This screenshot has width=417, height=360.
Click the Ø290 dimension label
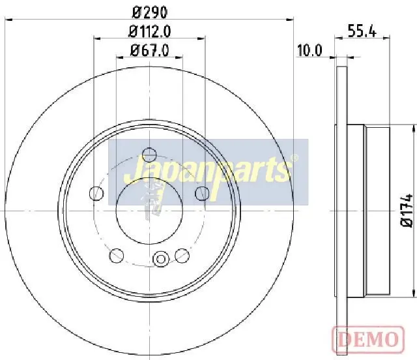(x=150, y=12)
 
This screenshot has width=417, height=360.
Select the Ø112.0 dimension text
(x=149, y=32)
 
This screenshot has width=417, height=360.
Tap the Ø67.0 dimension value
(x=149, y=50)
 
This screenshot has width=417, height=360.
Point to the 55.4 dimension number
(x=362, y=31)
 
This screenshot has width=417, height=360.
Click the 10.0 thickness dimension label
(x=309, y=50)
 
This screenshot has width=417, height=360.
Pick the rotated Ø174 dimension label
(x=407, y=211)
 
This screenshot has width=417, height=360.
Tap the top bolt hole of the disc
(x=149, y=155)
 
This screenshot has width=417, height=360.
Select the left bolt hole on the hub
(x=96, y=193)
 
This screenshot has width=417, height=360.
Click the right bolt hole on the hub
(x=202, y=193)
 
